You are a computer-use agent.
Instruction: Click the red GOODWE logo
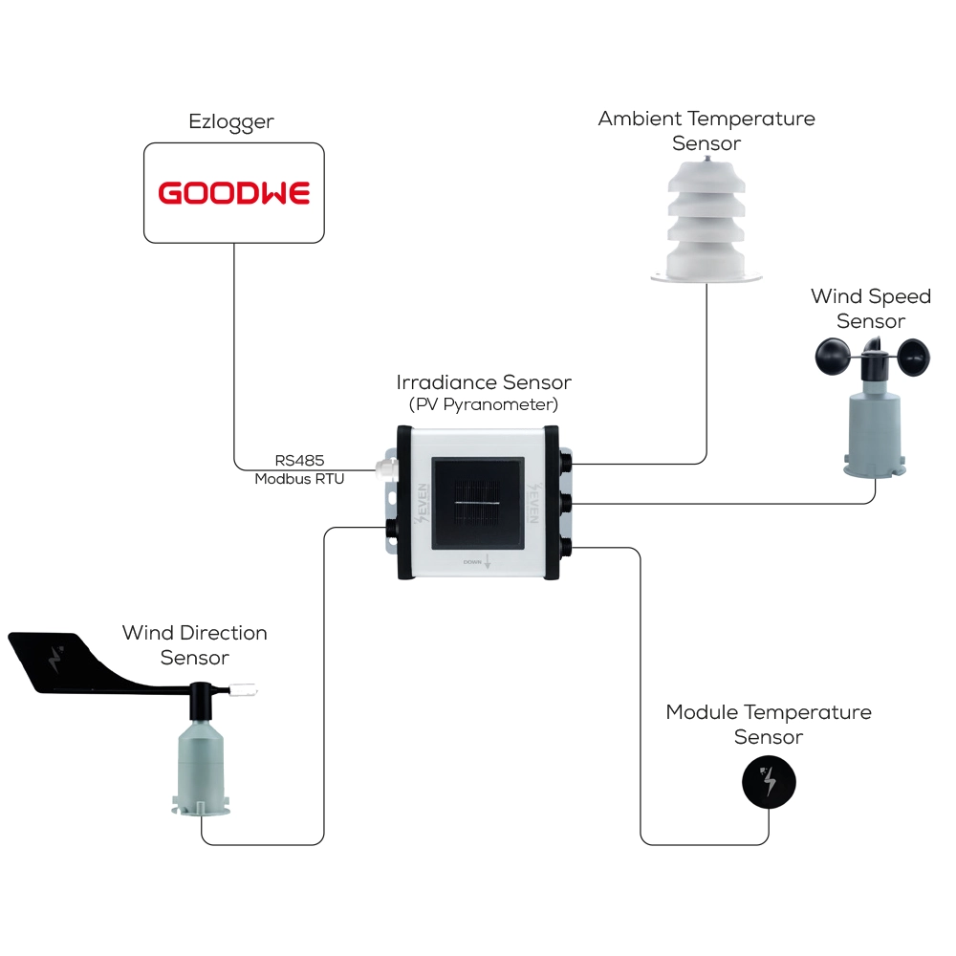coord(234,193)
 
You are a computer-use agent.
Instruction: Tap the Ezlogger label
coord(233,122)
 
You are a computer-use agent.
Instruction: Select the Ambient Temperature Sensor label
coord(706,131)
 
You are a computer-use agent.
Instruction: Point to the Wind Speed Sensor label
coord(870,308)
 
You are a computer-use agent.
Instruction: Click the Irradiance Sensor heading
coord(484,382)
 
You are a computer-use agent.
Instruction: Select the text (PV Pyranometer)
coord(484,404)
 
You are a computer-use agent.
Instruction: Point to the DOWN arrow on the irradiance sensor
coord(488,562)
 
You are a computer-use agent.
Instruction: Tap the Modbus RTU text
coord(299,479)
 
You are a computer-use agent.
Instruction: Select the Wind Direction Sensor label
coord(195,645)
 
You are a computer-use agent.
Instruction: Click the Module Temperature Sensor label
coord(769,725)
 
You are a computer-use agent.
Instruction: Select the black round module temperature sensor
coord(769,783)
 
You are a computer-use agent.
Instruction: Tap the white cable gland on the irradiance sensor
coord(384,467)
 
